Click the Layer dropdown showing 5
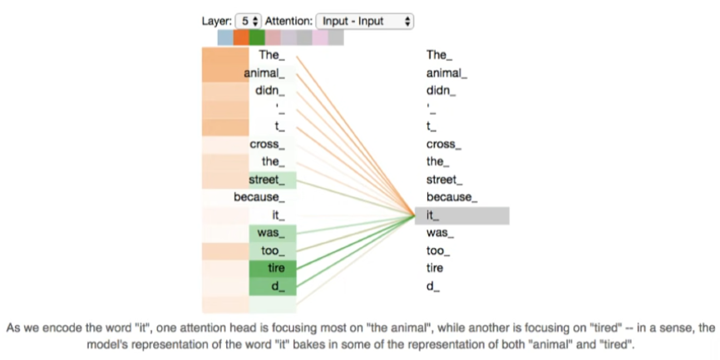(x=249, y=21)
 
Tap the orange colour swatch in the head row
(x=240, y=37)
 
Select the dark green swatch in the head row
(x=256, y=37)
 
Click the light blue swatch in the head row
(x=224, y=37)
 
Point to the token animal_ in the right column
(x=446, y=73)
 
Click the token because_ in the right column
(x=451, y=197)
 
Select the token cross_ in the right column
(x=443, y=144)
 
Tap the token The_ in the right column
(x=440, y=55)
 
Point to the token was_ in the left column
(x=270, y=233)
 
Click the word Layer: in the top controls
(x=216, y=21)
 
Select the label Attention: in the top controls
(x=290, y=21)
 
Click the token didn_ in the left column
(x=270, y=91)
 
